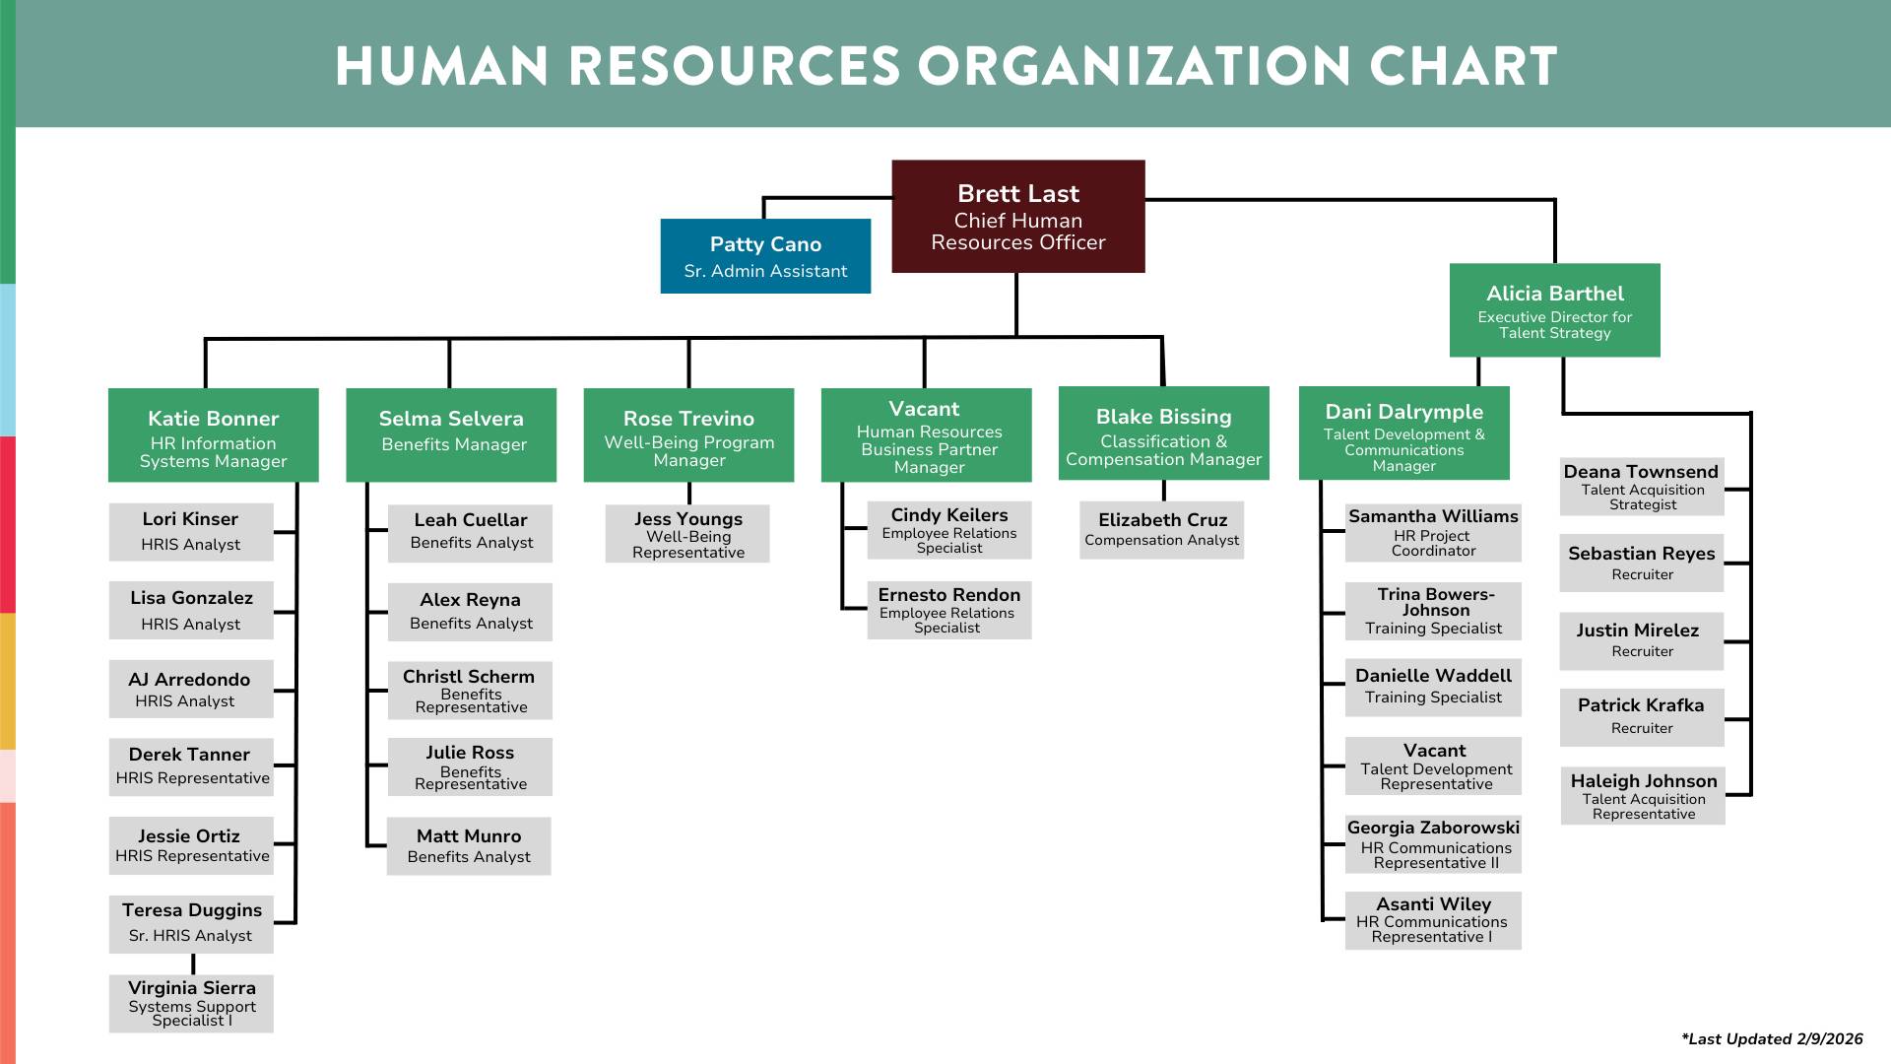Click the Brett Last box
tap(1017, 216)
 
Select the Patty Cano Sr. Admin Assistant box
tap(765, 256)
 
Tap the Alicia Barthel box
tap(1554, 309)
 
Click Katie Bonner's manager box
tap(213, 434)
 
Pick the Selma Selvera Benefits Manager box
tap(451, 434)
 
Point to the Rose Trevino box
tap(688, 434)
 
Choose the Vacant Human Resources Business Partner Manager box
tap(926, 434)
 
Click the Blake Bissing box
tap(1163, 432)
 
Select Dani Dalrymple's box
tap(1403, 432)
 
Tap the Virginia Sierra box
tap(191, 1003)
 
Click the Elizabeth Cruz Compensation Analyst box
tap(1161, 530)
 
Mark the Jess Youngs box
tap(687, 534)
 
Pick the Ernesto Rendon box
tap(948, 610)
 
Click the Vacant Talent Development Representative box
tap(1433, 765)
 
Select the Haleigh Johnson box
tap(1643, 796)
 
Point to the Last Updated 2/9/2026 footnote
tap(1771, 1038)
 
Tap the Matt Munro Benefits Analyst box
tap(469, 845)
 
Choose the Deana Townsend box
tap(1641, 487)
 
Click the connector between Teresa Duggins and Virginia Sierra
tap(193, 964)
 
